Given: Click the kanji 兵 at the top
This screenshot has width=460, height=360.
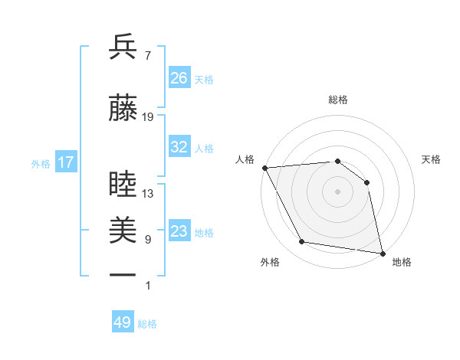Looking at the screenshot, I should click(123, 48).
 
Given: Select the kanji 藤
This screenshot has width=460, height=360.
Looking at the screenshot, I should click(123, 109).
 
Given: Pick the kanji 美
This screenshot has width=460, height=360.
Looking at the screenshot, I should click(123, 231).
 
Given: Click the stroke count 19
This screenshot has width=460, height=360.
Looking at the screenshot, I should click(148, 117).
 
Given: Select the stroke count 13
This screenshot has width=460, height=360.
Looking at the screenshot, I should click(148, 194).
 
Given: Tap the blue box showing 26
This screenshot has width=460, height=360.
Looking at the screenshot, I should click(179, 78).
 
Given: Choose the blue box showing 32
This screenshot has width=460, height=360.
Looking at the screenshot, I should click(179, 147).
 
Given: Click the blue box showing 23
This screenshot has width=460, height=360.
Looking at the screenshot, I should click(179, 231).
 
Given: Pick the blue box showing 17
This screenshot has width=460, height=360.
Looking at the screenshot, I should click(65, 162).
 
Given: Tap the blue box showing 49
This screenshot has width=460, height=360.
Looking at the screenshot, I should click(123, 322).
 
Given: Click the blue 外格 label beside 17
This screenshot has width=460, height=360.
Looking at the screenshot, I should click(41, 163).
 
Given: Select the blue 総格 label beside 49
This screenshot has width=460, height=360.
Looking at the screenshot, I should click(147, 323).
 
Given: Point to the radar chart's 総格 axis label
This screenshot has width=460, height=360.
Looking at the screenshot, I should click(338, 100).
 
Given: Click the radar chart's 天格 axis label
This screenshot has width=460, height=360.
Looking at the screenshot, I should click(431, 159).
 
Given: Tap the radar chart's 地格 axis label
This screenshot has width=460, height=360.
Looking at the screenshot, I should click(402, 263).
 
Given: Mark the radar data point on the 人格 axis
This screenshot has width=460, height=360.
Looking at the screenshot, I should click(264, 168).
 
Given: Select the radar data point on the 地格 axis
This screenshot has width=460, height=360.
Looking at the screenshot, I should click(382, 252).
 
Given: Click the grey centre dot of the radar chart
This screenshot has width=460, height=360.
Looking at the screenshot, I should click(337, 191).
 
